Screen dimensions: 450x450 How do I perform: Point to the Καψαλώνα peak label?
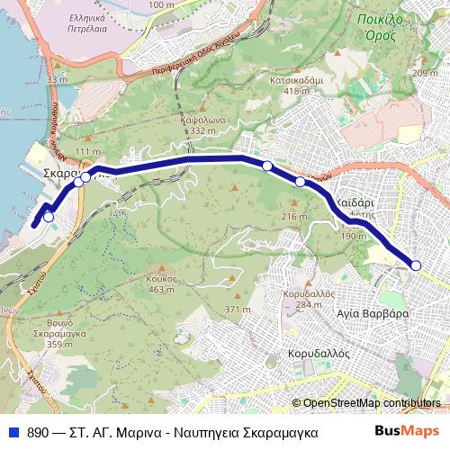click(201, 121)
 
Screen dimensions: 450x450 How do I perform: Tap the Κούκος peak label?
click(160, 279)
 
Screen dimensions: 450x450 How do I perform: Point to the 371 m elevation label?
click(238, 310)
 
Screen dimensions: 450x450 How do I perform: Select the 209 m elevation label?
click(423, 73)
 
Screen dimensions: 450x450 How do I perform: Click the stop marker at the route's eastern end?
click(416, 265)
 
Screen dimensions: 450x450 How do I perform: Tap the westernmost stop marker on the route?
click(48, 216)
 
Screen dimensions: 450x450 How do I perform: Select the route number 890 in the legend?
click(38, 432)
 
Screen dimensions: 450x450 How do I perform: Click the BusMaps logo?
click(402, 431)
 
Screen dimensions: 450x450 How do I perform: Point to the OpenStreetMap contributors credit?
click(372, 402)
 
